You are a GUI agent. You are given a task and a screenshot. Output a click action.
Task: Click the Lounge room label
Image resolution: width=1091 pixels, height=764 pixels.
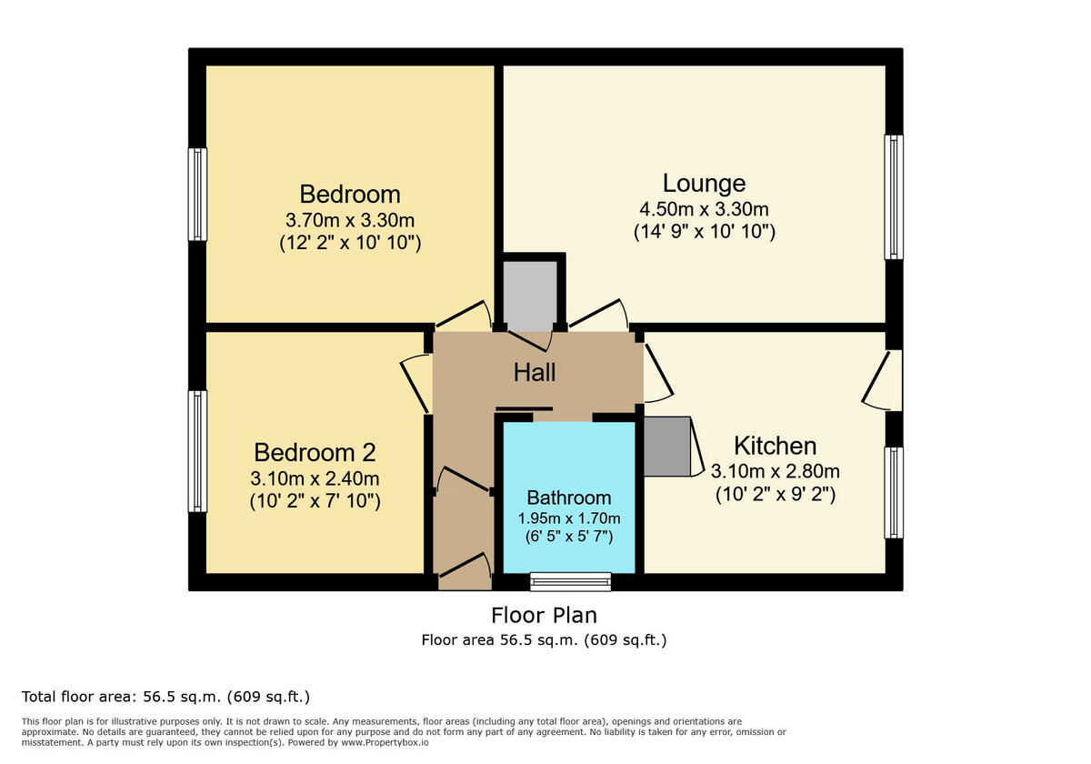point(704,183)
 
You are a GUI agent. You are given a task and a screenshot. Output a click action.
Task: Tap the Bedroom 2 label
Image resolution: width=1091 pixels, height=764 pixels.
point(315,452)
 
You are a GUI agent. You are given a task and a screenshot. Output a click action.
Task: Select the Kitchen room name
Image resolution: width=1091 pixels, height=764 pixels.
point(775,446)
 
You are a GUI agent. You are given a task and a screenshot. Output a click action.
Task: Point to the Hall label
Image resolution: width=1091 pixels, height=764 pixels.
point(535,372)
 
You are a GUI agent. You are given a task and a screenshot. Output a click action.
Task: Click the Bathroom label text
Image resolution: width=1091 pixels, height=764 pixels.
point(569,498)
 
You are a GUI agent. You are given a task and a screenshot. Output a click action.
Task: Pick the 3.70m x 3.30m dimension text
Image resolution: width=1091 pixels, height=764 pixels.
point(350,219)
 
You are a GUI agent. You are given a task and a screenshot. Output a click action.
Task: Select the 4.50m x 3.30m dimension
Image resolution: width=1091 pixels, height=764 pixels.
point(704,208)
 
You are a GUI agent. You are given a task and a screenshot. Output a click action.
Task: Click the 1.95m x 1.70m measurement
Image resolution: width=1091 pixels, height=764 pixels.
point(569,518)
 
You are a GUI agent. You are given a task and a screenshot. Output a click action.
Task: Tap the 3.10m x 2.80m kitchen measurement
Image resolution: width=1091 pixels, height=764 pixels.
point(775,471)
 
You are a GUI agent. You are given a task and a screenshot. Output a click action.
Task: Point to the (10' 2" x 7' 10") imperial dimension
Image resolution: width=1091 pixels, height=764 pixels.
point(315,500)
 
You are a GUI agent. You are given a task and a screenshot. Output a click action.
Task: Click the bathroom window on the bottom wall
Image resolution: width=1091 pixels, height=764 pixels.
point(571,581)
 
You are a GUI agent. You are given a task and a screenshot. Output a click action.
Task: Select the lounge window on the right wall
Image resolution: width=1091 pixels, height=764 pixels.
point(894,197)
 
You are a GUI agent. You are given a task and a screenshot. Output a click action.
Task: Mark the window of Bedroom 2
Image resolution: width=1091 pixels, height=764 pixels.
point(197,451)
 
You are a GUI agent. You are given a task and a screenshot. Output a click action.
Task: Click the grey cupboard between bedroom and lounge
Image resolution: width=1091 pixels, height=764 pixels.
point(530,296)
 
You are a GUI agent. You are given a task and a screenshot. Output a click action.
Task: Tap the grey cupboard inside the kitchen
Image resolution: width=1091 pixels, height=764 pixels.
point(667,446)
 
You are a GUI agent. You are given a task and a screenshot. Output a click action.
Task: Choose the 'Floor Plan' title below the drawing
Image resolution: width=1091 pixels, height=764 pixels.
point(544,615)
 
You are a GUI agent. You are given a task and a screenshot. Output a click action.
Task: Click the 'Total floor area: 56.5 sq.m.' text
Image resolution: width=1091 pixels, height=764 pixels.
point(165,697)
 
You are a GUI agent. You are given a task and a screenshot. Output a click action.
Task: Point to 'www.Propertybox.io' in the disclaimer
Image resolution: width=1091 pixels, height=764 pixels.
point(385,743)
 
